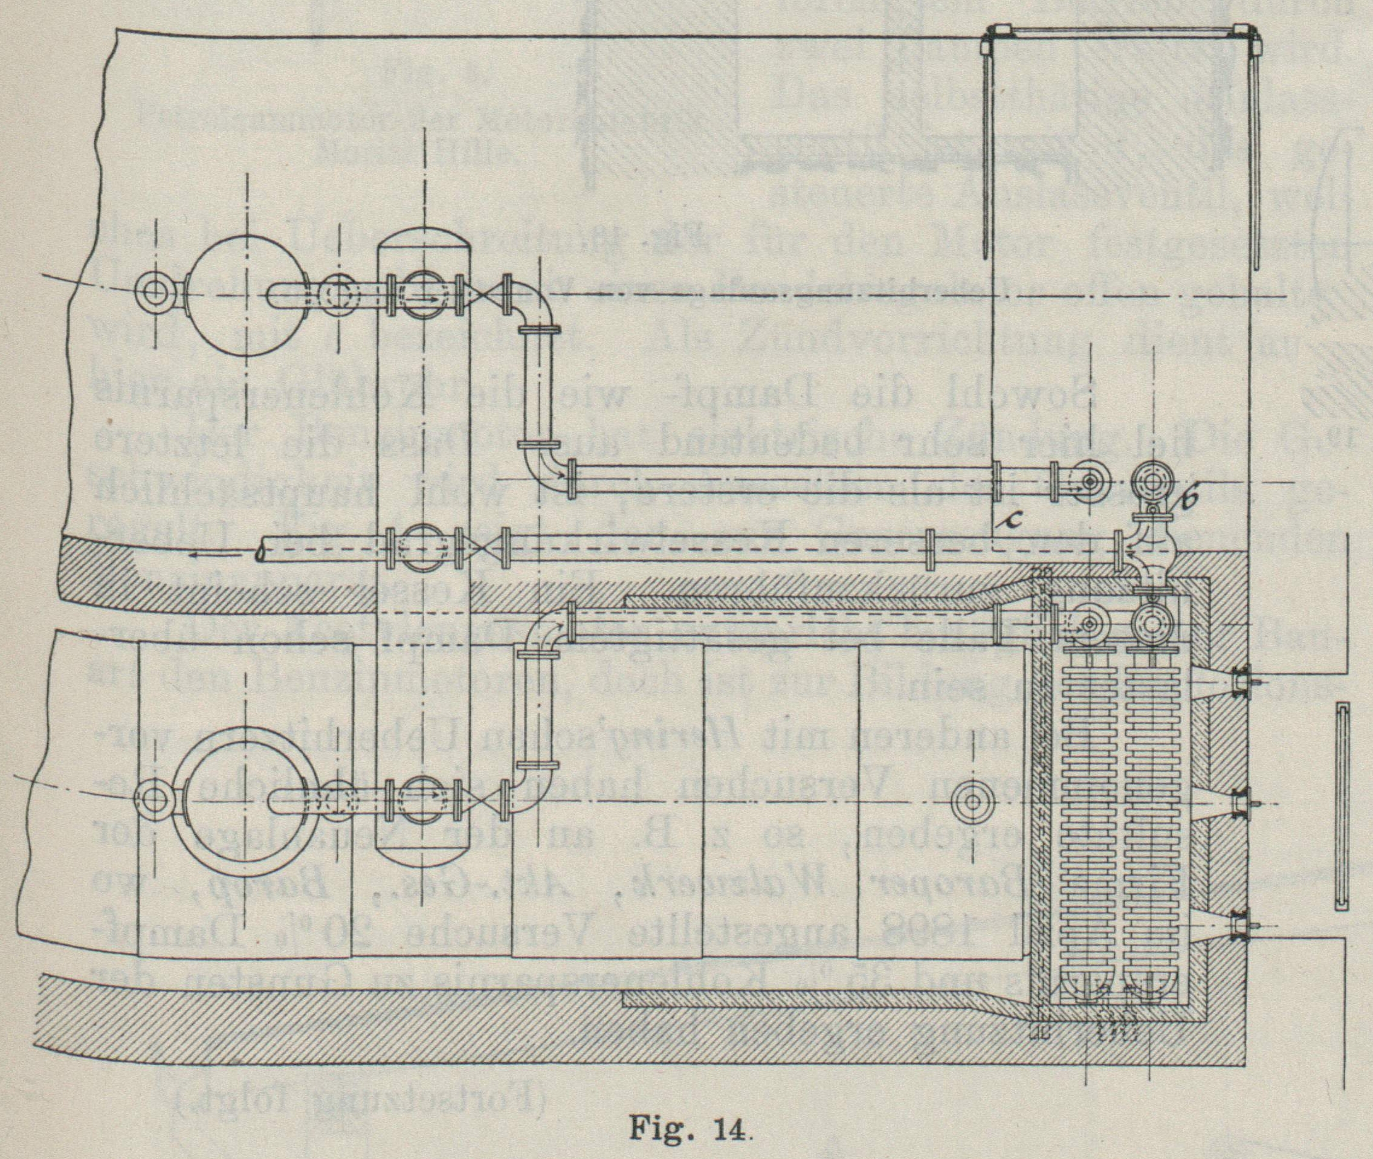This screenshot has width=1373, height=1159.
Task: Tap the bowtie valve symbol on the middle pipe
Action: click(x=483, y=549)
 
